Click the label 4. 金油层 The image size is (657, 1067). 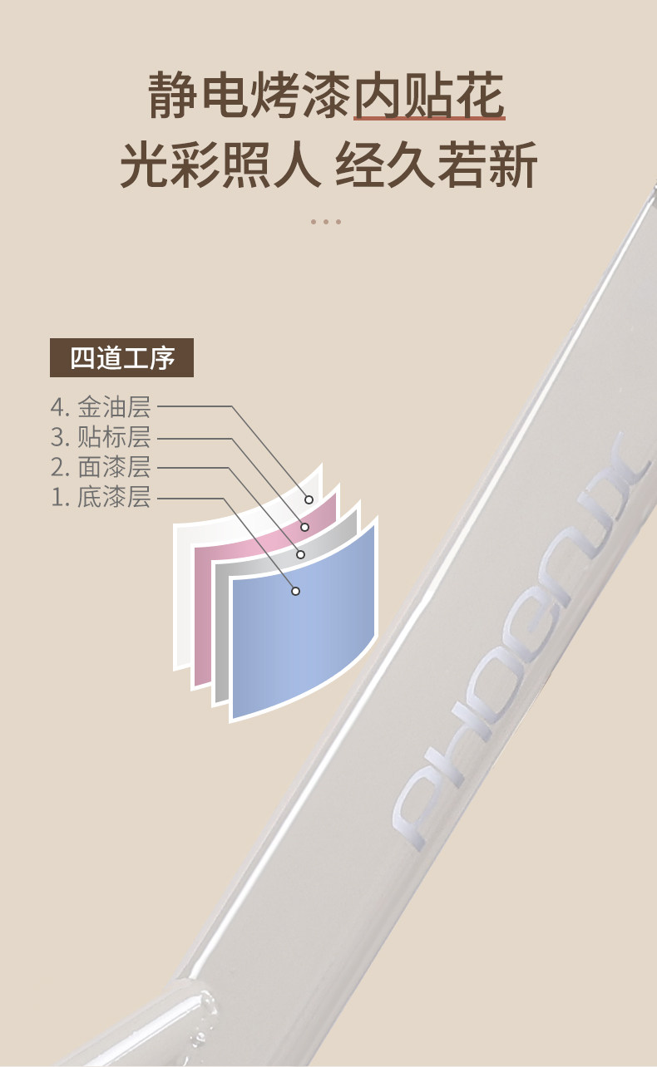click(x=100, y=407)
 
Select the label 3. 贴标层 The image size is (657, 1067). click(x=100, y=437)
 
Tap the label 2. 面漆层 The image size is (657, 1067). click(x=100, y=467)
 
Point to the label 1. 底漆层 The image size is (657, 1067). click(x=100, y=498)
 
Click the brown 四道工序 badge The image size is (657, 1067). click(x=121, y=358)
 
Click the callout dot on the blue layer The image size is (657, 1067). click(x=295, y=591)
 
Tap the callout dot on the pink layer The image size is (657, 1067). click(x=305, y=527)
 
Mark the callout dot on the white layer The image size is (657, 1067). click(x=309, y=499)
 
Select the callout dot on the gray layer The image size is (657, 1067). click(x=301, y=554)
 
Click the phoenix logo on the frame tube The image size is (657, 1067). click(x=516, y=648)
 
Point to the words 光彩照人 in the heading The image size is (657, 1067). click(x=220, y=165)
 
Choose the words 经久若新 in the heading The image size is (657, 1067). click(x=436, y=165)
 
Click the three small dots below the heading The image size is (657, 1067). click(x=326, y=222)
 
